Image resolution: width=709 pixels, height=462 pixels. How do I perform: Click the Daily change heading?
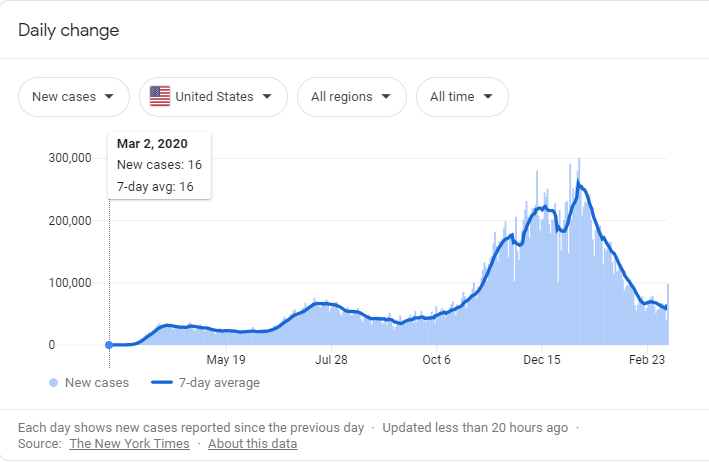pos(68,30)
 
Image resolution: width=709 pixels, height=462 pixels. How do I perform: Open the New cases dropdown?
pos(73,97)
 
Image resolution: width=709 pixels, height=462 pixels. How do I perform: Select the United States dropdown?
pos(213,97)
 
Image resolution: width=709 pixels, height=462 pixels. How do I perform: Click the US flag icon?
pos(160,97)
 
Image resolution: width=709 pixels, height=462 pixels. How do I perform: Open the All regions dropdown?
pos(351,97)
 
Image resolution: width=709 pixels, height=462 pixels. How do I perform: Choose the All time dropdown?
pos(461,97)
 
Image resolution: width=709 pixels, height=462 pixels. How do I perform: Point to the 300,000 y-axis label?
pos(70,158)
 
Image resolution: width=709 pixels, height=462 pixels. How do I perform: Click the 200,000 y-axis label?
pos(70,221)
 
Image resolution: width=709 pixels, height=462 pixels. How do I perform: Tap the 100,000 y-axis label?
pos(70,283)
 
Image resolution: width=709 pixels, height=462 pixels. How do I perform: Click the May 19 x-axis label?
pos(226,360)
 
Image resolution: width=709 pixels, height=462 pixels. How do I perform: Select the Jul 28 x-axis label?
pos(331,360)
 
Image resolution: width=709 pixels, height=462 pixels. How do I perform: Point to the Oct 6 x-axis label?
pos(437,360)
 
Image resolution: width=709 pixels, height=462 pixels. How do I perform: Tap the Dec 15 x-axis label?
pos(543,360)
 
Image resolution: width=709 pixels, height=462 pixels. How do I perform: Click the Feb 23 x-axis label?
pos(647,360)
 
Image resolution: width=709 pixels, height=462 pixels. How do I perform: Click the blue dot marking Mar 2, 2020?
pos(109,345)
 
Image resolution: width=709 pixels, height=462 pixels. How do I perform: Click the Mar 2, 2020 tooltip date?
pos(152,144)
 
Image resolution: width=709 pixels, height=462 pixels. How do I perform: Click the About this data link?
pos(252,443)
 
